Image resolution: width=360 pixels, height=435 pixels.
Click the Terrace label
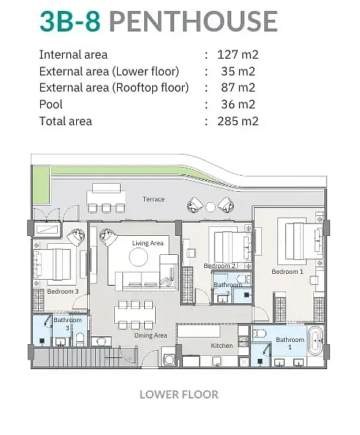pos(154,199)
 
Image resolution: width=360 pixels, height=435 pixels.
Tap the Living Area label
pos(148,243)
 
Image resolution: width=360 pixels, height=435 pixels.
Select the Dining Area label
pos(151,335)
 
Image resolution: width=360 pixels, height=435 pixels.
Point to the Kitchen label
pos(222,346)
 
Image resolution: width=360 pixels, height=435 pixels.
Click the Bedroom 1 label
pos(288,272)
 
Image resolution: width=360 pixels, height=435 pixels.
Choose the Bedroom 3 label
pos(63,291)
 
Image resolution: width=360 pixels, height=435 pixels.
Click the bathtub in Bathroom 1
pos(315,341)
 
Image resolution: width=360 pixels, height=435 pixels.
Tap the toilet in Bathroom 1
pos(260,333)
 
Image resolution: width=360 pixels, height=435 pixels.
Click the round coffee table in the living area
pos(138,257)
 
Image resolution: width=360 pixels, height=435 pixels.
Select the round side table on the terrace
pos(210,207)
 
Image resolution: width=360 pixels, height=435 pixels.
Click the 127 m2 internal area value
pos(238,54)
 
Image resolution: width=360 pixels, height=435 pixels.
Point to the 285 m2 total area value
pos(238,122)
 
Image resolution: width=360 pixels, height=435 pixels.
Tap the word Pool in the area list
pos(51,104)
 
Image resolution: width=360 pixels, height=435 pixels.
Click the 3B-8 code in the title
pos(70,21)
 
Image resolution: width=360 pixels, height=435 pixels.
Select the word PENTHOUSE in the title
pos(193,21)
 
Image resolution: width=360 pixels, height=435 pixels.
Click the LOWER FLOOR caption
pos(179,395)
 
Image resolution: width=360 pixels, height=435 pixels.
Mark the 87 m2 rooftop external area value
pos(238,88)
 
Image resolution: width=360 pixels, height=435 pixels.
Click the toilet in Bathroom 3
pos(80,340)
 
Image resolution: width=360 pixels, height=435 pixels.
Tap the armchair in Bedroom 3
pos(75,237)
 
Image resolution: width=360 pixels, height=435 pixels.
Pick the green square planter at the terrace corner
pos(41,185)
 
